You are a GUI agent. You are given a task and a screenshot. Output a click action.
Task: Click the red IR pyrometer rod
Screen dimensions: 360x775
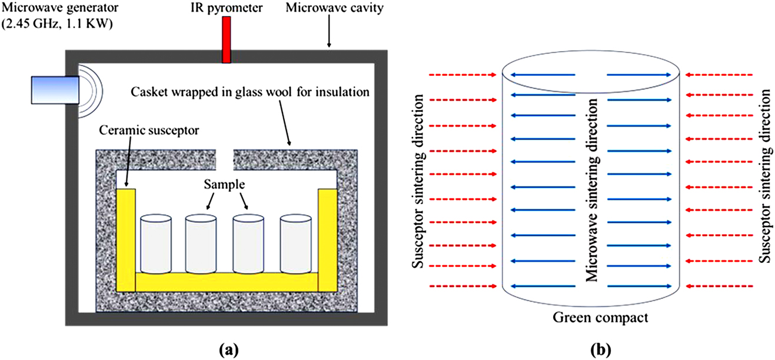pos(226,39)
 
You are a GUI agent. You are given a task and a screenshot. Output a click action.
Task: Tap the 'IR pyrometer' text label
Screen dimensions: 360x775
pos(226,8)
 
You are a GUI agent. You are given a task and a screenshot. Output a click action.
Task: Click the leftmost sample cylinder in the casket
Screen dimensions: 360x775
pos(156,245)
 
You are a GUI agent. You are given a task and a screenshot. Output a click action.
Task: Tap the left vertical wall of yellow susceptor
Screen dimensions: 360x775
pos(126,235)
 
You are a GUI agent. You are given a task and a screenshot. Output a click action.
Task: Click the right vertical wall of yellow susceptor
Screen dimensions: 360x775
pos(327,235)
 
